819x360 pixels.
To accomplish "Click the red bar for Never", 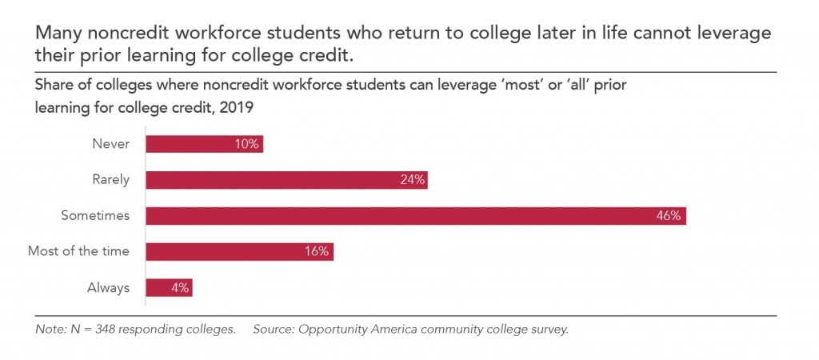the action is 204,144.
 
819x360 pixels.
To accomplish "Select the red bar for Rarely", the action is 287,180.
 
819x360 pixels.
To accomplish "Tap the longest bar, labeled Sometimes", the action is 416,216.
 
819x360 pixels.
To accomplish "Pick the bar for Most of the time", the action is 239,252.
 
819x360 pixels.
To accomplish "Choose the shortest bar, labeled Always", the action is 169,288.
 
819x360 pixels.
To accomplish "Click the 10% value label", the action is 247,144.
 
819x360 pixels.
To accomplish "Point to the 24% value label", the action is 412,180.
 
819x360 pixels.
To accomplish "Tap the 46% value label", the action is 669,216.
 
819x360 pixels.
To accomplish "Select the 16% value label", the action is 317,252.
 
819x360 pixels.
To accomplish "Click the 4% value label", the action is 180,288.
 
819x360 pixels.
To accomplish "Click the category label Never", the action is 110,144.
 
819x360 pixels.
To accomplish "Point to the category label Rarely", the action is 110,180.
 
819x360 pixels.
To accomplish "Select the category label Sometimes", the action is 95,216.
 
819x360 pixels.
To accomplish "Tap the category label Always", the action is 109,288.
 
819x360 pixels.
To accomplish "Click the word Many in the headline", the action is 55,34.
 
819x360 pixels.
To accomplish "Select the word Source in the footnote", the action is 274,330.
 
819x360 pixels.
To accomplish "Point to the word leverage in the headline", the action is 733,34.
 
